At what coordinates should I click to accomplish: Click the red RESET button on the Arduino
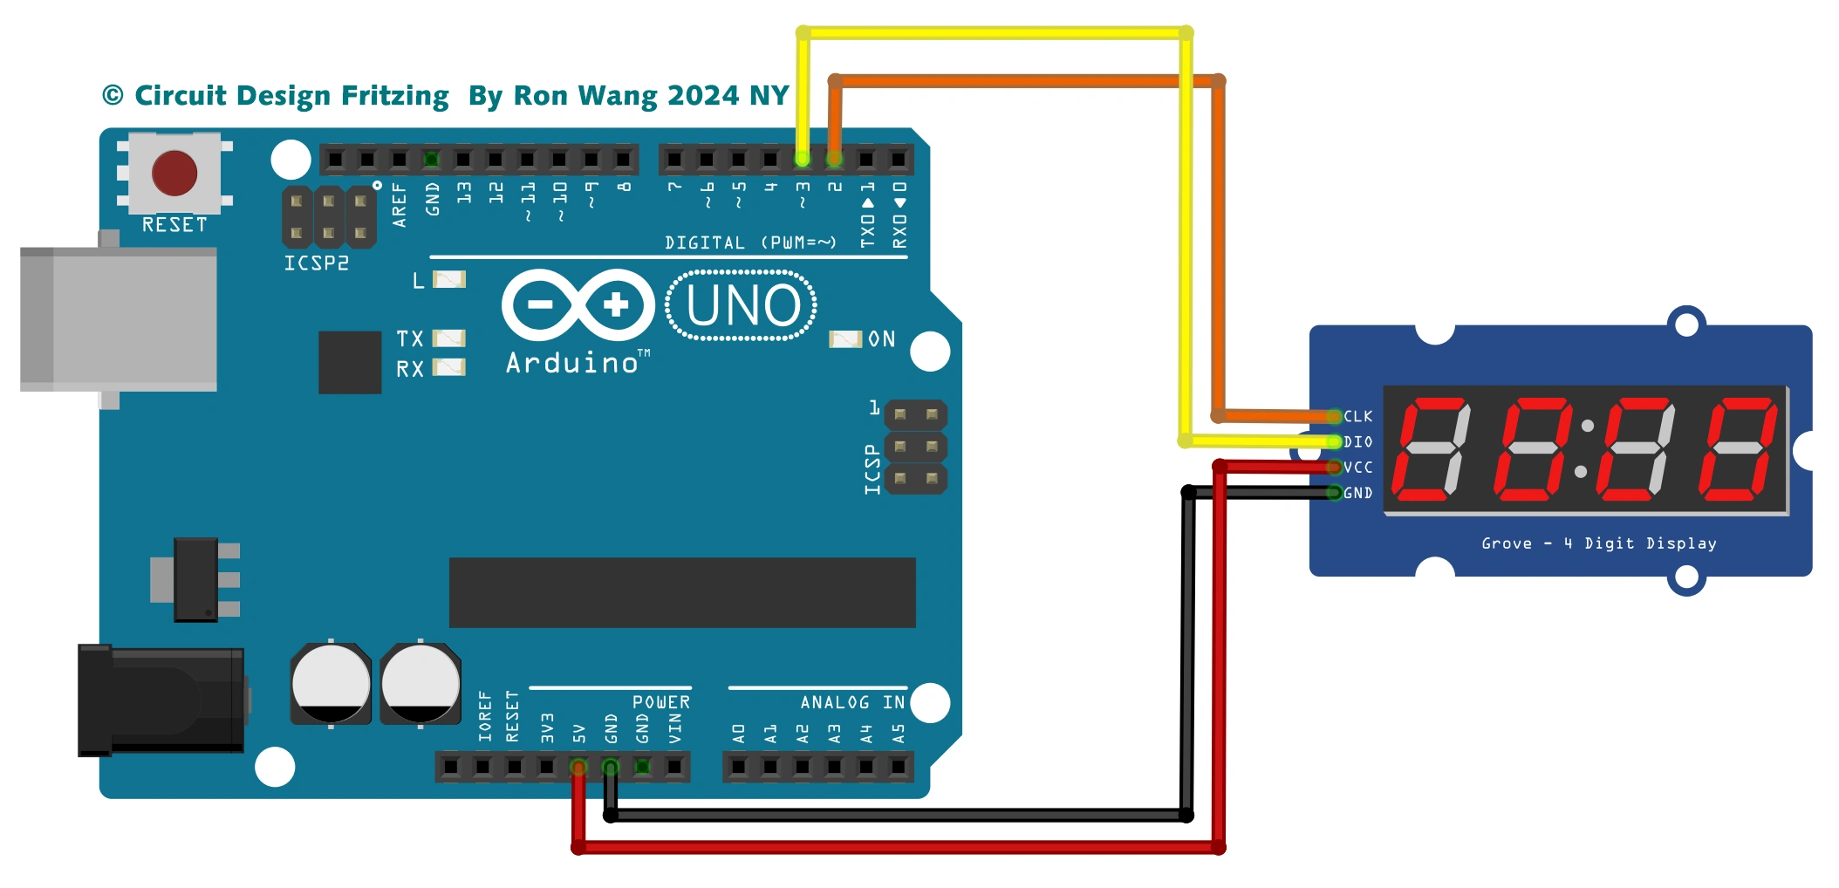coord(174,173)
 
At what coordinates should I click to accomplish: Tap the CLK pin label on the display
coord(1357,417)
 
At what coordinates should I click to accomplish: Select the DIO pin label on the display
coord(1357,442)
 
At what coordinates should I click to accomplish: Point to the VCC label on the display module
coord(1357,468)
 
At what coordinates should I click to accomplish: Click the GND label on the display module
coord(1357,493)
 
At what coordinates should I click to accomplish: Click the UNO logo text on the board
coord(742,306)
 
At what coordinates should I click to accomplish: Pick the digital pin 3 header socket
coord(803,159)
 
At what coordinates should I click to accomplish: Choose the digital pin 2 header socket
coord(835,159)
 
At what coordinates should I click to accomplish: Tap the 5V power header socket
coord(578,767)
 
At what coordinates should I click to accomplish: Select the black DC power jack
coord(161,700)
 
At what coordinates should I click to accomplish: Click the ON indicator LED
coord(844,339)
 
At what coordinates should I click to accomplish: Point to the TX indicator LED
coord(449,338)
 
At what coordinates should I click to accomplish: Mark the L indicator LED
coord(449,280)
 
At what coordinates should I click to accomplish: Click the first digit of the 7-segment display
coord(1431,449)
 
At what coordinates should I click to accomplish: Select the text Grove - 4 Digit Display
coord(1598,543)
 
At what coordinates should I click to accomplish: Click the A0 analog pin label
coord(739,734)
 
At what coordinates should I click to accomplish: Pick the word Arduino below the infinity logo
coord(572,363)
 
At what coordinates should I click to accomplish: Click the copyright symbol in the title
coord(113,95)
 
